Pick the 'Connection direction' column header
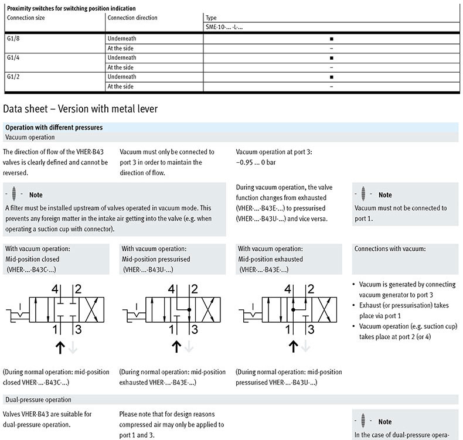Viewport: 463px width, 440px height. click(x=132, y=18)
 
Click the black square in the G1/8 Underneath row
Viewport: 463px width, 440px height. click(x=332, y=39)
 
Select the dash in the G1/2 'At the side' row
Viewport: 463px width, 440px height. click(x=332, y=87)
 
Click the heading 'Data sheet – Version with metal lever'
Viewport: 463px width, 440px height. click(x=80, y=109)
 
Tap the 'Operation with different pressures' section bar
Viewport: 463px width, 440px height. click(x=54, y=127)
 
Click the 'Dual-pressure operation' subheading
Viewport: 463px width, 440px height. click(x=38, y=400)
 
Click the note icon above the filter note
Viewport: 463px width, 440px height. click(x=13, y=194)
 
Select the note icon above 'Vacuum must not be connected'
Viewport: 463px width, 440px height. click(x=363, y=194)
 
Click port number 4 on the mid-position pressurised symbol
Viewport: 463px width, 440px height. click(x=172, y=289)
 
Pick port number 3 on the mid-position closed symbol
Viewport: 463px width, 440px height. click(x=78, y=329)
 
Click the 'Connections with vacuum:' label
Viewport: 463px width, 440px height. click(x=390, y=248)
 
